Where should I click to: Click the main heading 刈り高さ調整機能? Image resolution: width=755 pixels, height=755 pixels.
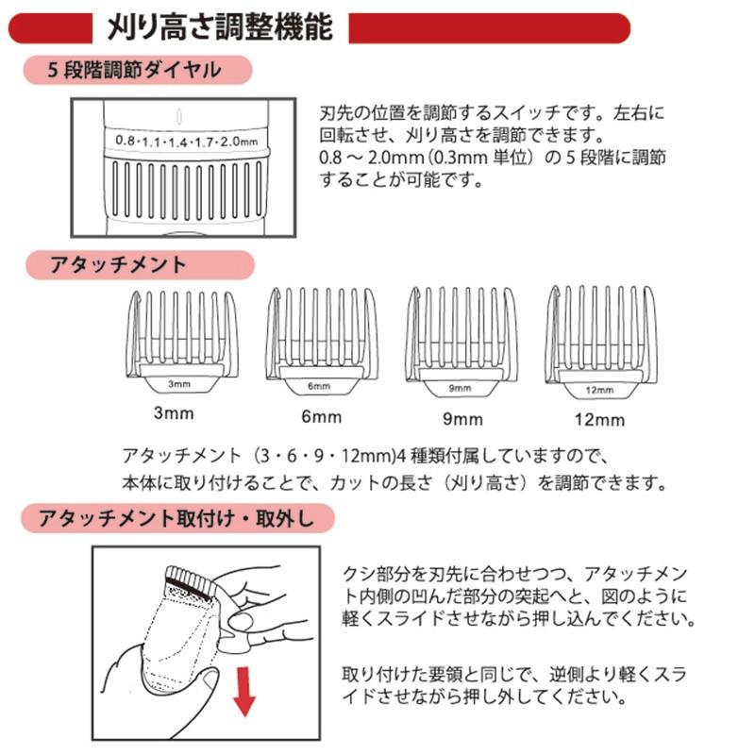pyautogui.click(x=220, y=27)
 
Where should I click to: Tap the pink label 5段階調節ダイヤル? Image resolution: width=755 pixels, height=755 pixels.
pyautogui.click(x=135, y=70)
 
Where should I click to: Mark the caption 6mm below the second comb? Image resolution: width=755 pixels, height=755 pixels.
pyautogui.click(x=318, y=416)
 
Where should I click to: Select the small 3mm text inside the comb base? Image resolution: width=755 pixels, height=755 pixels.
pyautogui.click(x=178, y=384)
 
